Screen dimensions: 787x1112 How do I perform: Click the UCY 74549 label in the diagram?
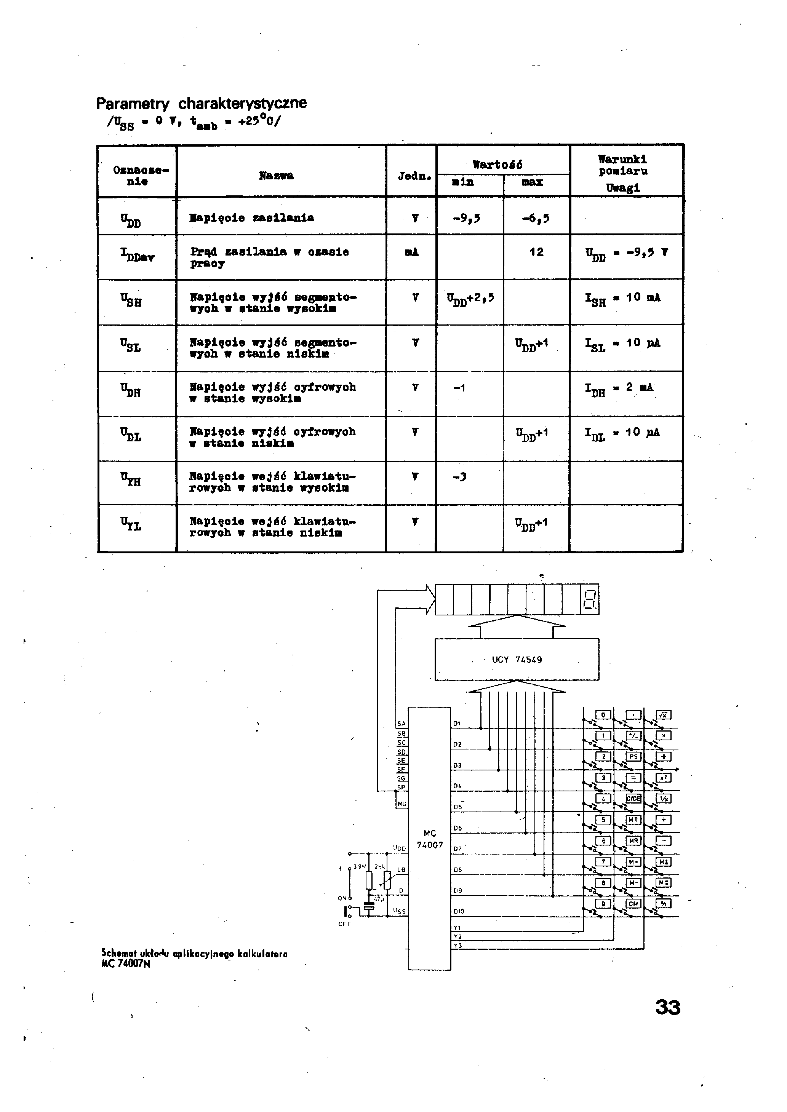click(x=517, y=660)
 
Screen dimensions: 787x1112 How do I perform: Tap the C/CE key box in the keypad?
click(x=633, y=799)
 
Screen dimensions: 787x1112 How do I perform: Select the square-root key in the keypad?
click(x=664, y=715)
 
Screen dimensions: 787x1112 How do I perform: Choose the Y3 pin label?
click(x=457, y=946)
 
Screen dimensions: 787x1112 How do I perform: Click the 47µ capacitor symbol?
click(x=369, y=906)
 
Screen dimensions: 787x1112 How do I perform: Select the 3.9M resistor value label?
click(x=359, y=866)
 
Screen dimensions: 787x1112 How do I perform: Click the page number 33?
click(x=668, y=1007)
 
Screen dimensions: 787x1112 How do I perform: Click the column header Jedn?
click(x=414, y=176)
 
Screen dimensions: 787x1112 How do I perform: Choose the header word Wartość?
click(x=498, y=165)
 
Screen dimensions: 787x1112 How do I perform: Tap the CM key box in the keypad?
click(x=633, y=903)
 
